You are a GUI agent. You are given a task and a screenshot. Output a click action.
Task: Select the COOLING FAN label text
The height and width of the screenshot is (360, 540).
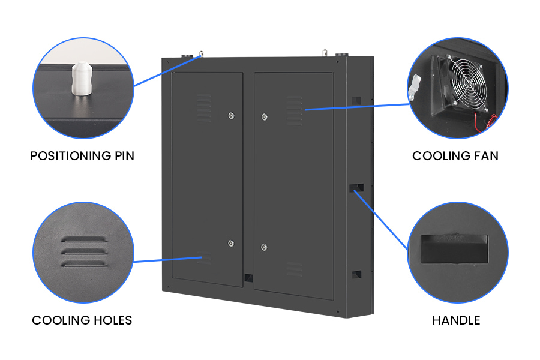pos(455,156)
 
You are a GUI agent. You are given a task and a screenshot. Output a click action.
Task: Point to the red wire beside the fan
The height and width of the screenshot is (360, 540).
pos(490,120)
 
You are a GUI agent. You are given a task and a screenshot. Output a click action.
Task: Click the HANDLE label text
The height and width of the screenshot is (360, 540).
pos(456,320)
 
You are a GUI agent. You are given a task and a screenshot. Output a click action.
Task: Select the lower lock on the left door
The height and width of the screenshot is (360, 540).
pos(231,243)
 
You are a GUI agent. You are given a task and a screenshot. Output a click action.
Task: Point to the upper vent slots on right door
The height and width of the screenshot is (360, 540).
pos(294,110)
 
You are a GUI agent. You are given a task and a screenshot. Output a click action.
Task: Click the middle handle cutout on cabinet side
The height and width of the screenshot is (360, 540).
pos(356,187)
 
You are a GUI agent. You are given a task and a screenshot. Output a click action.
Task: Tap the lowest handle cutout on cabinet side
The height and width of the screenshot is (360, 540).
pos(356,274)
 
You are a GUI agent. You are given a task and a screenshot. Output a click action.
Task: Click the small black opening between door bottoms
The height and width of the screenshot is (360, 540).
pos(248,278)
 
